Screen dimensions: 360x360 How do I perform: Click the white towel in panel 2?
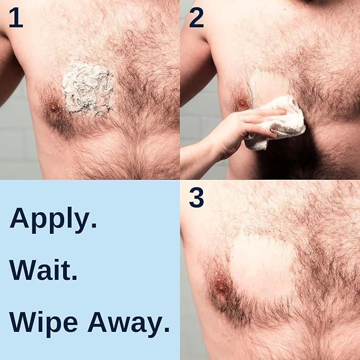pyautogui.click(x=278, y=122)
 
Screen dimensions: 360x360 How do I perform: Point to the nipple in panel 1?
pyautogui.click(x=55, y=108)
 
